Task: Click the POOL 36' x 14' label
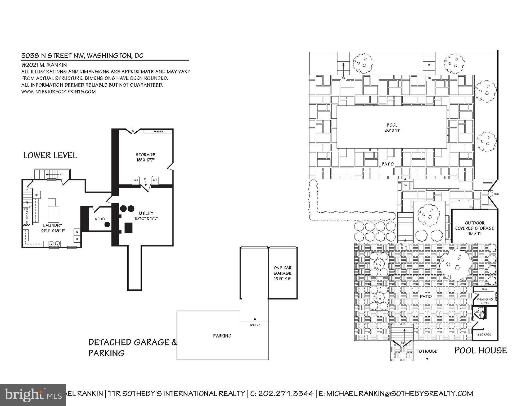point(392,128)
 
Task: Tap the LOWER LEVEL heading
point(50,155)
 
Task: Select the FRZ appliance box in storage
point(155,181)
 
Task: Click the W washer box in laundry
point(77,232)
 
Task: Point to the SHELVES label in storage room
point(158,131)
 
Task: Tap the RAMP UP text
point(255,325)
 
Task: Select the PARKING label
point(222,336)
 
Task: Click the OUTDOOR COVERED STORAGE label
point(474,228)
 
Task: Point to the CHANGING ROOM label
point(485,301)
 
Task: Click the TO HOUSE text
point(427,351)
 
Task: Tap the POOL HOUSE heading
point(480,350)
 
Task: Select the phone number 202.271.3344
point(286,394)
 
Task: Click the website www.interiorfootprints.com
point(59,92)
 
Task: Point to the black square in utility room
point(128,228)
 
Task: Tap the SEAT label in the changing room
point(484,289)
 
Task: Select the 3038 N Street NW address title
point(82,56)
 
